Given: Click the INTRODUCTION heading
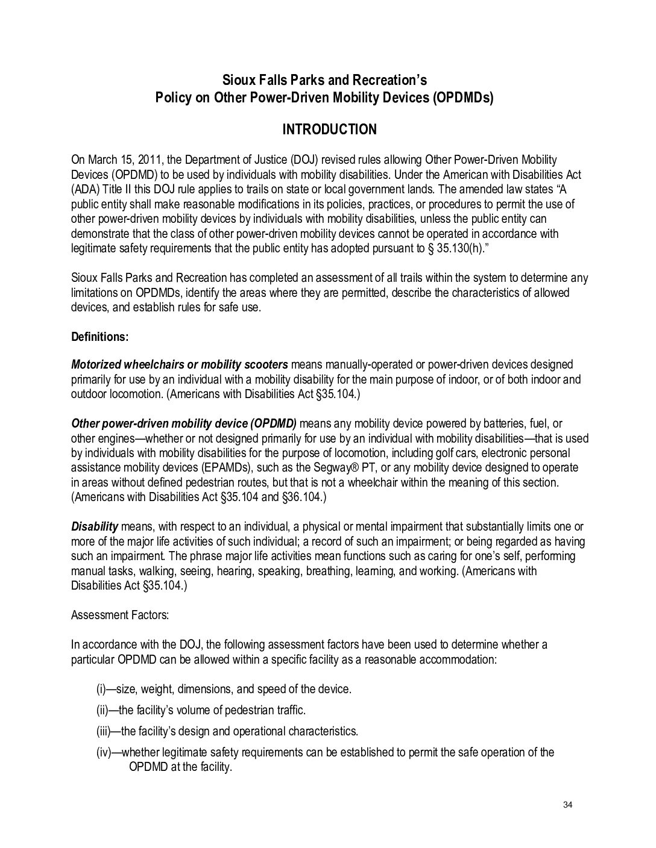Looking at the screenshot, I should (x=329, y=129).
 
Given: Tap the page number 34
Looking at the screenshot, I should (x=566, y=806).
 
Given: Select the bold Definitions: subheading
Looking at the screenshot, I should (x=99, y=337).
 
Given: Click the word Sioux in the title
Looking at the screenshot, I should (x=238, y=80).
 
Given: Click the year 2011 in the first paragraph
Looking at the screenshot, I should (x=150, y=160).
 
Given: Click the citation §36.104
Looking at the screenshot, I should (x=301, y=497).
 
